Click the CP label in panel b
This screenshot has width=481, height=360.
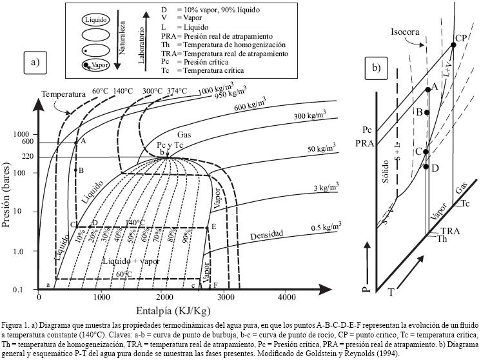tap(460, 38)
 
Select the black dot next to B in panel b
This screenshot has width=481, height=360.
tap(427, 112)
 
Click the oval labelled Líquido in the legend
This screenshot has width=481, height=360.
tap(94, 20)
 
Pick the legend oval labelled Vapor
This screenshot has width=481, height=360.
tap(94, 65)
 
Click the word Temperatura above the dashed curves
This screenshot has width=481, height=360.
tap(64, 94)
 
